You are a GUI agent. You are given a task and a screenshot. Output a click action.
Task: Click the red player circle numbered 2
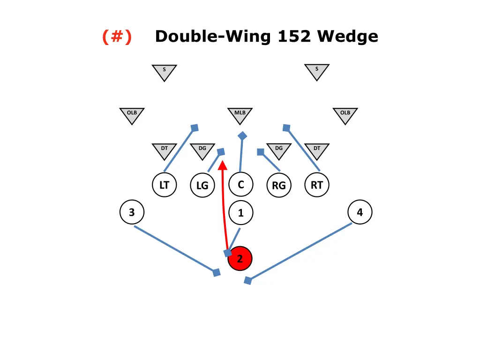click(x=240, y=258)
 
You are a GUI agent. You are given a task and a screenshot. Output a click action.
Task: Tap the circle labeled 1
click(x=240, y=213)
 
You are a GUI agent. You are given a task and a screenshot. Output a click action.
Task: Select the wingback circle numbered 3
click(x=132, y=212)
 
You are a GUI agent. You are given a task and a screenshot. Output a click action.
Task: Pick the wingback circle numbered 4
click(x=360, y=212)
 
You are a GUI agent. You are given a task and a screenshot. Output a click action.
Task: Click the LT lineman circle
click(x=164, y=185)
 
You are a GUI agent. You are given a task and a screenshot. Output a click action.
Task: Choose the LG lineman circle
click(x=202, y=186)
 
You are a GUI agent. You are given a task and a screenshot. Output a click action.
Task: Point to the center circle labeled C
click(x=240, y=185)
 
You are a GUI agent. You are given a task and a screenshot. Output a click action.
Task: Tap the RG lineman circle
click(x=278, y=186)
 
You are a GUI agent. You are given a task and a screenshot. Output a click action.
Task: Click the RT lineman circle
click(x=317, y=185)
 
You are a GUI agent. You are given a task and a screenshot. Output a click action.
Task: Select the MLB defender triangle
click(x=240, y=114)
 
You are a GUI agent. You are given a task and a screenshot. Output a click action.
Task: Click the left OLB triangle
click(x=132, y=114)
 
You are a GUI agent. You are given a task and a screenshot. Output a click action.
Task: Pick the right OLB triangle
click(x=345, y=114)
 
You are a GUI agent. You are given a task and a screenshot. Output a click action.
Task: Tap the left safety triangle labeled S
click(x=164, y=71)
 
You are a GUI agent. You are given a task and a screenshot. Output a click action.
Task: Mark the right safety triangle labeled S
click(x=317, y=71)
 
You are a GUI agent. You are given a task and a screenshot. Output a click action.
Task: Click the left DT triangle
click(x=164, y=150)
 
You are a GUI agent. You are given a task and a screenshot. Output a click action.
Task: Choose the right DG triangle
click(x=279, y=150)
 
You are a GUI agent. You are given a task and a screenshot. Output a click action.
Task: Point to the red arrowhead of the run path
click(x=223, y=165)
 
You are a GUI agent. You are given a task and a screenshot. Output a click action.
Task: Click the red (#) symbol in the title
click(x=117, y=36)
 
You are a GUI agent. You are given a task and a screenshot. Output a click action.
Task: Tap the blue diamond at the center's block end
click(x=242, y=136)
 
